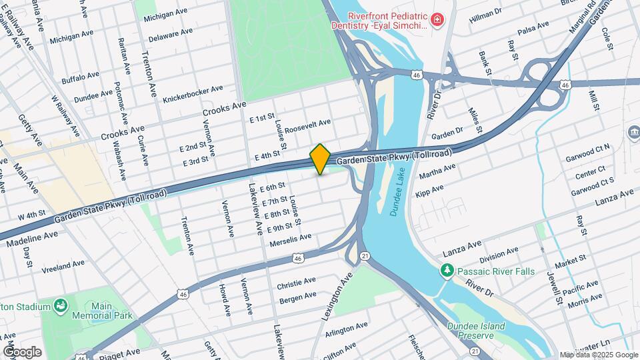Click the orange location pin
point(320,159)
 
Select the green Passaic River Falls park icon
point(447,271)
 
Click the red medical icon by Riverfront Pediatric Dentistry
point(437,21)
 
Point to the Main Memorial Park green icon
point(61,306)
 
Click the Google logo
point(21,351)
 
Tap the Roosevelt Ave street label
point(307,125)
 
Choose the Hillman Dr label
point(485,12)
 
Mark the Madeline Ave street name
point(33,238)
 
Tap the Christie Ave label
point(296,282)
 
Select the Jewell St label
point(553,285)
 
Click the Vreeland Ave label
point(63,267)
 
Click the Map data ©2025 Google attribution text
point(599,355)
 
